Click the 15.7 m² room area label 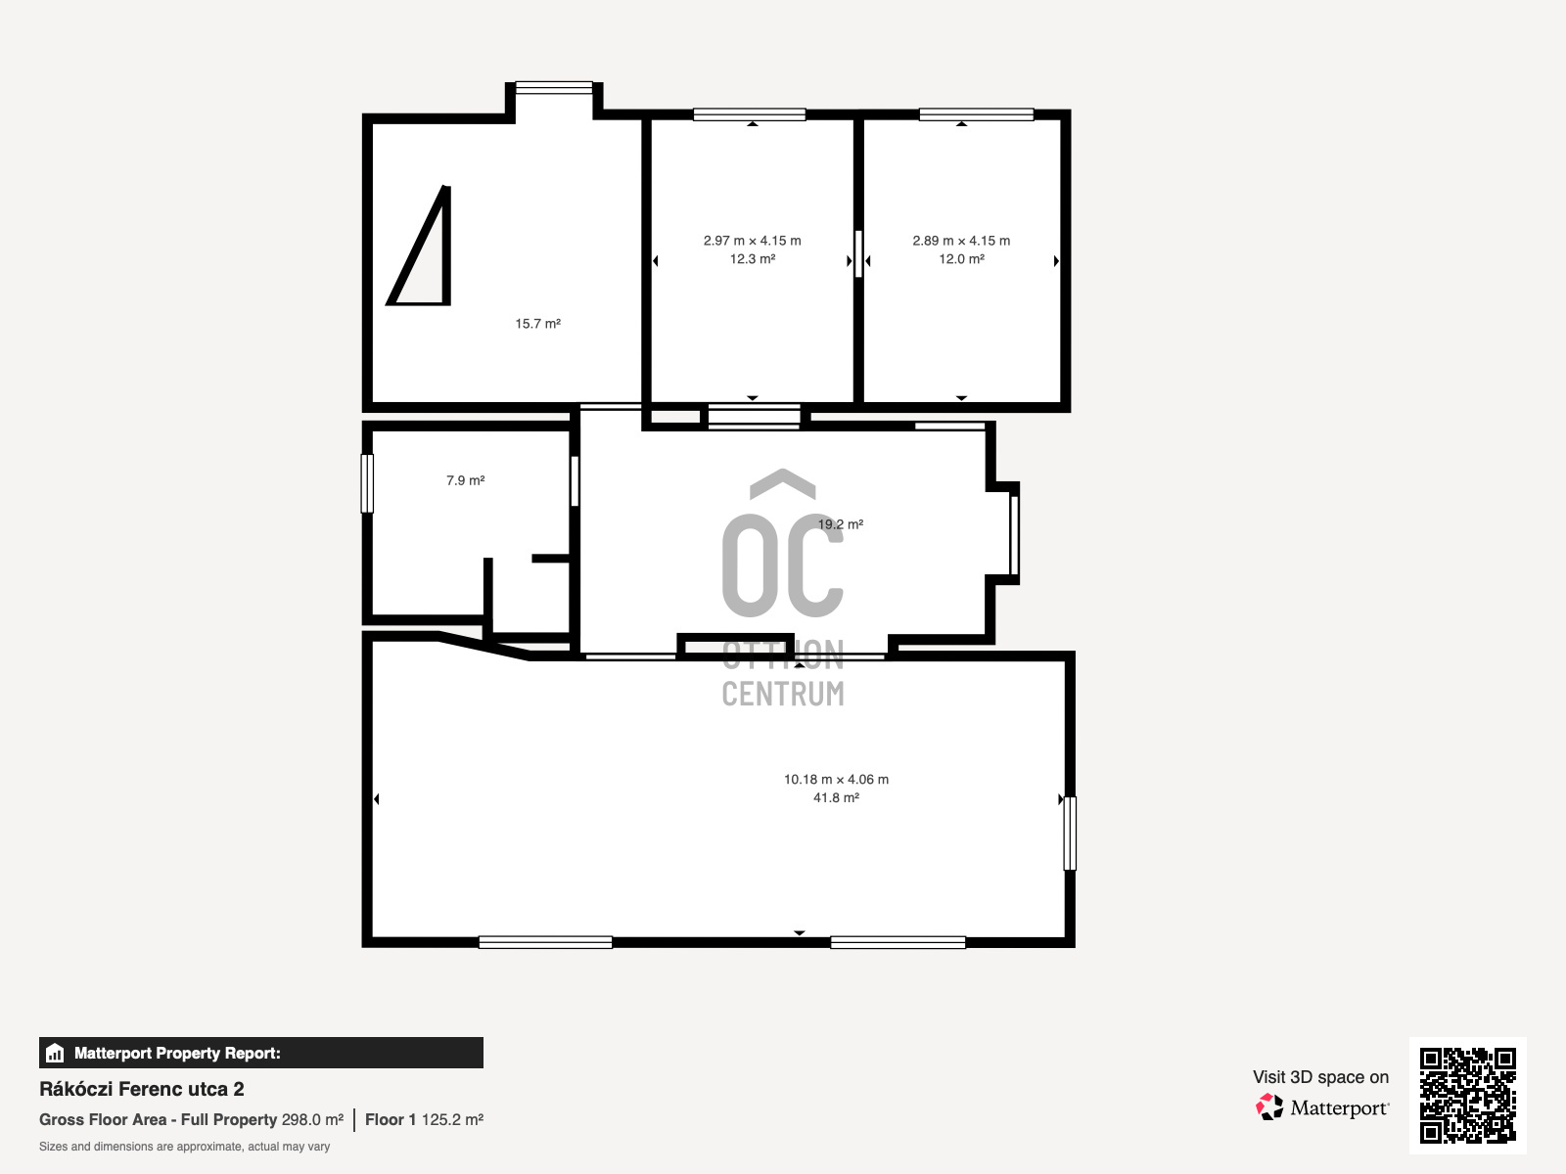(538, 324)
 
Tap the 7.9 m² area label (465, 480)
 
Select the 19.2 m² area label (841, 524)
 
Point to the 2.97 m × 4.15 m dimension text (752, 241)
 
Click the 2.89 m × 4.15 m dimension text (961, 241)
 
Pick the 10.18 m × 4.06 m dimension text (836, 779)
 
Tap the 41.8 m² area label (836, 797)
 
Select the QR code (1467, 1095)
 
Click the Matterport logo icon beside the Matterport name (1269, 1107)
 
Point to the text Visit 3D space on (1320, 1077)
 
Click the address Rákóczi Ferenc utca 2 (141, 1089)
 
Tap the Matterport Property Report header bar (261, 1053)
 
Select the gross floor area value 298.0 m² (312, 1120)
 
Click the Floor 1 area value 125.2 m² (452, 1120)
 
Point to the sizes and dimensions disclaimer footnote (184, 1147)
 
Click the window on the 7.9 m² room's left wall (367, 483)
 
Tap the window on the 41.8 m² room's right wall (1070, 834)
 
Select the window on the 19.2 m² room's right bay (1014, 534)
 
